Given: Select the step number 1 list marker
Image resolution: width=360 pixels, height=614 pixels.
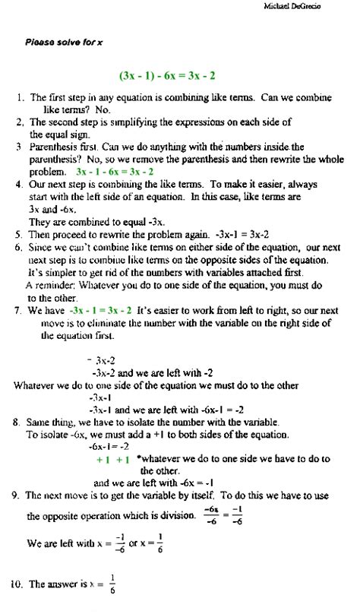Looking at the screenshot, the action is (19, 98).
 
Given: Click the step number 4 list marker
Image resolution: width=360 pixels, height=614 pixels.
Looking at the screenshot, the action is (19, 185).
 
